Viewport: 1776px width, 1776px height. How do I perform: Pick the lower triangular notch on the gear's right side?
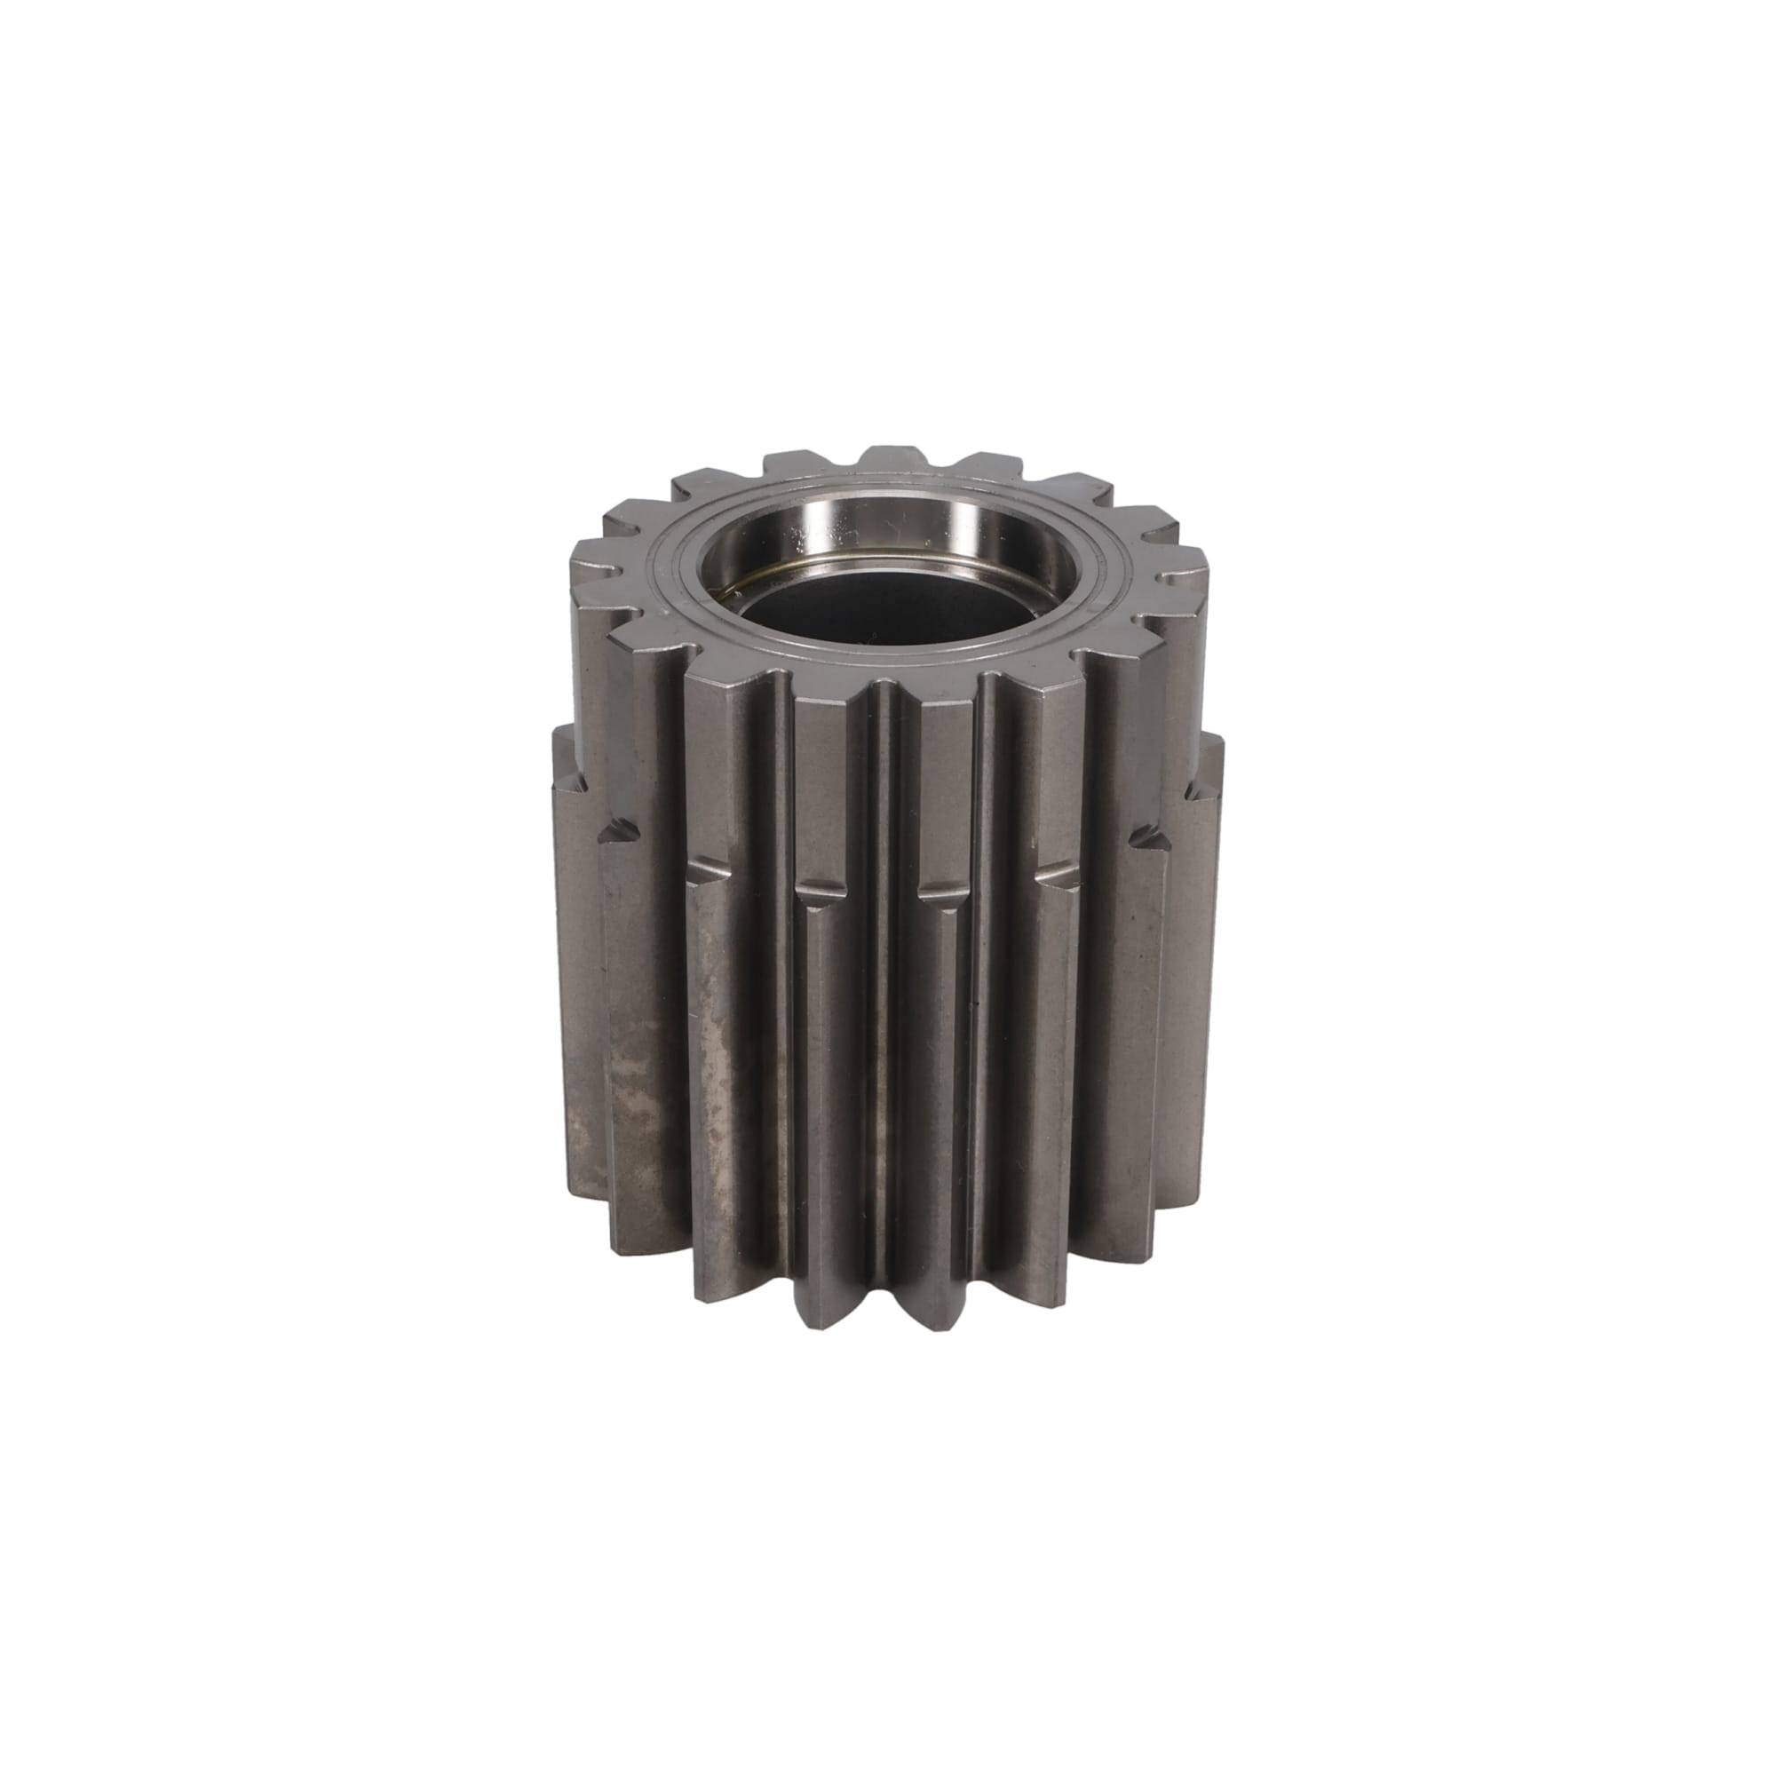1149,836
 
